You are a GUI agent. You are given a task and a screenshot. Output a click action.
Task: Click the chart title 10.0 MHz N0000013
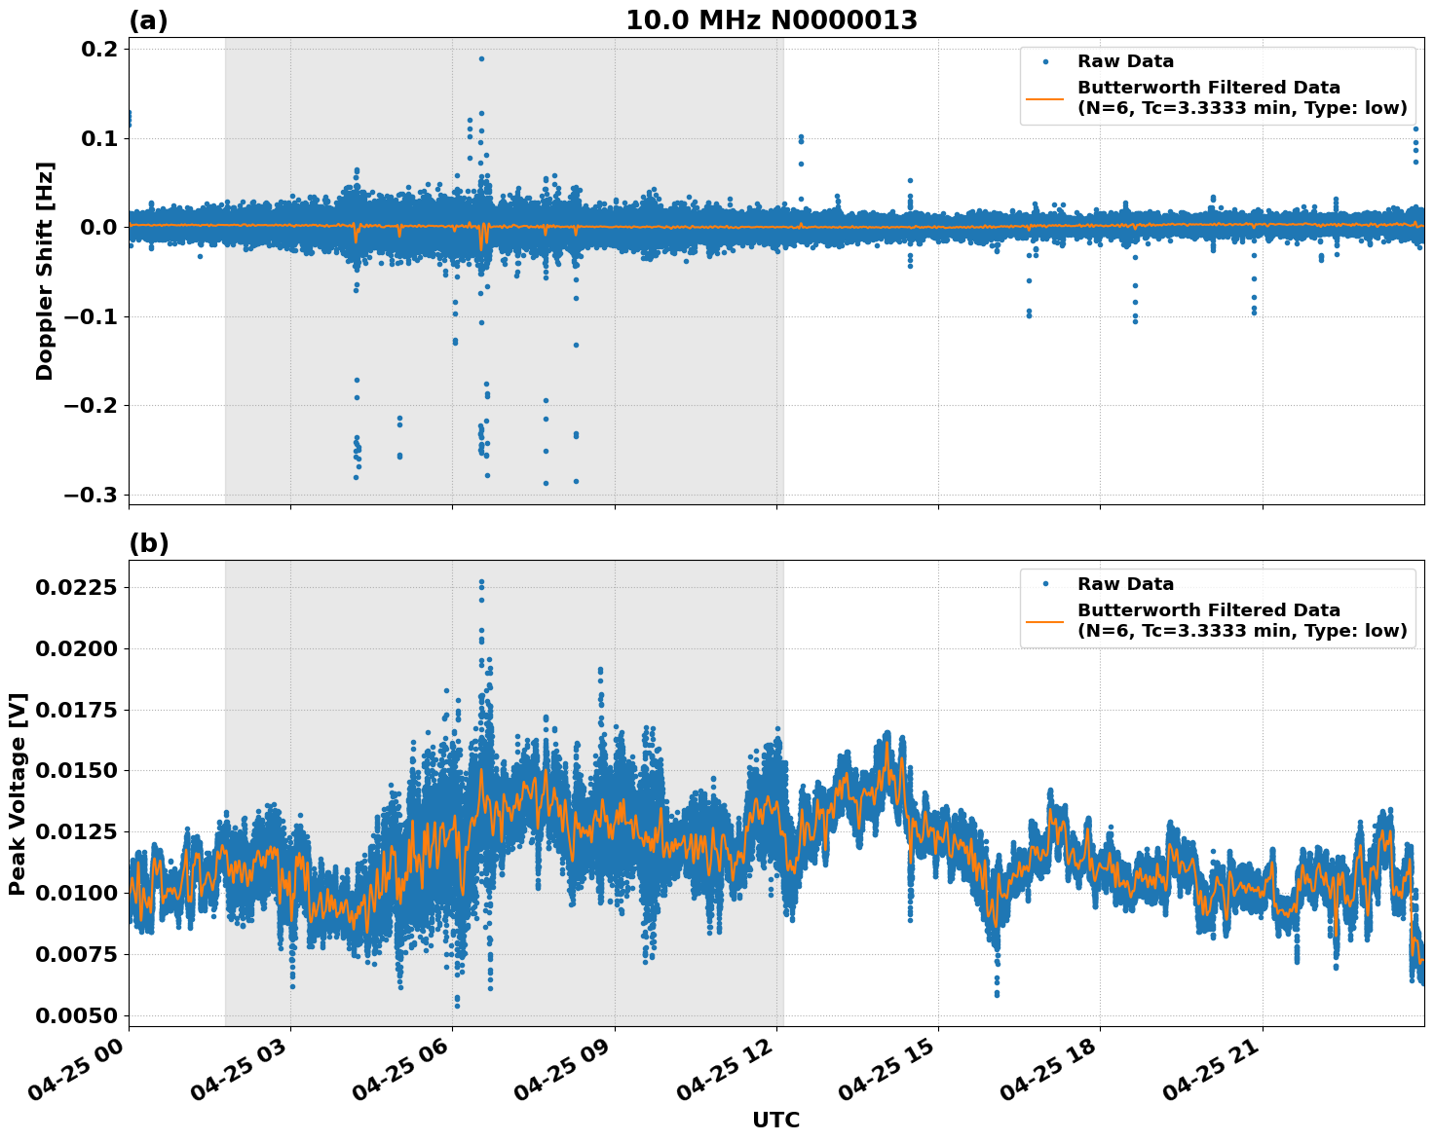(771, 20)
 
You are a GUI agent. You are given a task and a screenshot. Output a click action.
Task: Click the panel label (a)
(148, 20)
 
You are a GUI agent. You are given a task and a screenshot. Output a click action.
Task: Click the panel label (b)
(148, 543)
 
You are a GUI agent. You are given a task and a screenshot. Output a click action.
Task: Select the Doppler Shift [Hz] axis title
(45, 271)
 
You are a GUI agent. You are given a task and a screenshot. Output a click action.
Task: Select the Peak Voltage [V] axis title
(18, 793)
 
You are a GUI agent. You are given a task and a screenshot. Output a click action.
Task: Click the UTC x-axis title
(775, 1120)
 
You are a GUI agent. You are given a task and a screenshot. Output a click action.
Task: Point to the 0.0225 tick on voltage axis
(77, 587)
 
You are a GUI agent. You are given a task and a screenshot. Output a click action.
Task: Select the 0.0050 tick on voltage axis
(77, 1015)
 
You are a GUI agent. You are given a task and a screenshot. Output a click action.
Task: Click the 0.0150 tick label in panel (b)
(77, 770)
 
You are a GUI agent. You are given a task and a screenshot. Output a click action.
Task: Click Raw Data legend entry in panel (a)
(1125, 61)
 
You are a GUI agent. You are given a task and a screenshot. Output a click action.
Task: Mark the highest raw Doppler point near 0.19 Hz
(481, 58)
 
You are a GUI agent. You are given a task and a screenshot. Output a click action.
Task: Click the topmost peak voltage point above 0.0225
(481, 582)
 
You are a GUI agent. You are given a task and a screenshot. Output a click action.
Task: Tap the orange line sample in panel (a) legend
(1045, 97)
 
